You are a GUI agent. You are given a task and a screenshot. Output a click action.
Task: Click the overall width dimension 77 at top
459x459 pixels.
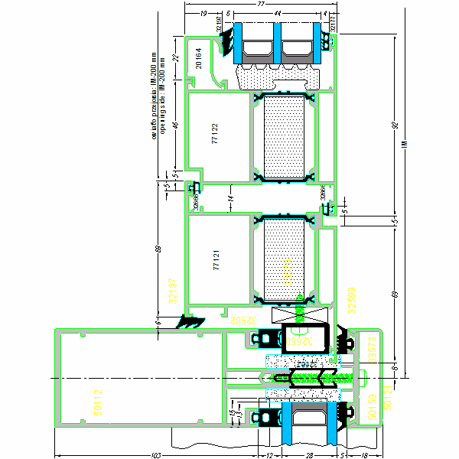coord(262,5)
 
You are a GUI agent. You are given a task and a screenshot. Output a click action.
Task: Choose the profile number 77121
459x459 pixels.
coord(216,259)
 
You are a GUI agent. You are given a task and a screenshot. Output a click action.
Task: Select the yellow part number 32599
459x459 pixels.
coord(352,299)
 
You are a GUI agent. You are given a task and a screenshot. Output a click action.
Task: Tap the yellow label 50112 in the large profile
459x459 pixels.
coord(98,402)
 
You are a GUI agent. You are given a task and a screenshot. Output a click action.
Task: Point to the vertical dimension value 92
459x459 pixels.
coord(396,125)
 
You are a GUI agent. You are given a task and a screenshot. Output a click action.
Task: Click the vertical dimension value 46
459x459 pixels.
coord(174,126)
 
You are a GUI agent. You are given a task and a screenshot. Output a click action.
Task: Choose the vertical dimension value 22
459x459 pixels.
coord(174,58)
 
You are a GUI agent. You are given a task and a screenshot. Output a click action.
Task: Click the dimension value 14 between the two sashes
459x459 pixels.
coord(229,199)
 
